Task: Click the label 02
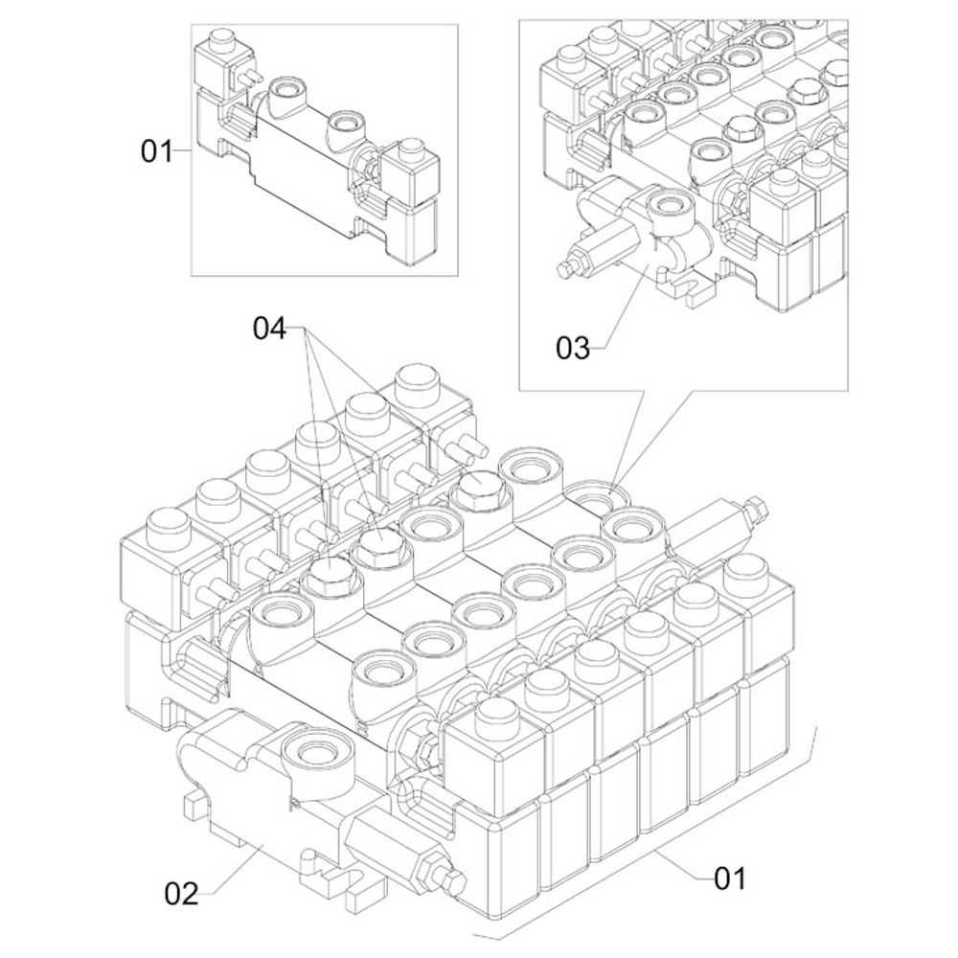(181, 895)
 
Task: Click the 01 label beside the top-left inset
(157, 150)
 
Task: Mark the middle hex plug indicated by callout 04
(380, 546)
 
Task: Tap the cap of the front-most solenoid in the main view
(494, 714)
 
